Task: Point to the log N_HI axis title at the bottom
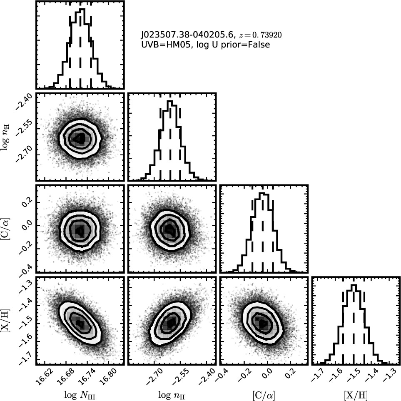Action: (x=80, y=395)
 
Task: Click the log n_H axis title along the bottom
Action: (x=172, y=395)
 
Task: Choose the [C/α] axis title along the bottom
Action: (x=264, y=395)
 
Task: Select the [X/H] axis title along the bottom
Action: (x=356, y=395)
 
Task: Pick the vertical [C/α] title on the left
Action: (x=5, y=229)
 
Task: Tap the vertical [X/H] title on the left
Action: (x=5, y=321)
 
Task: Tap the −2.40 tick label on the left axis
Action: (x=24, y=102)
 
